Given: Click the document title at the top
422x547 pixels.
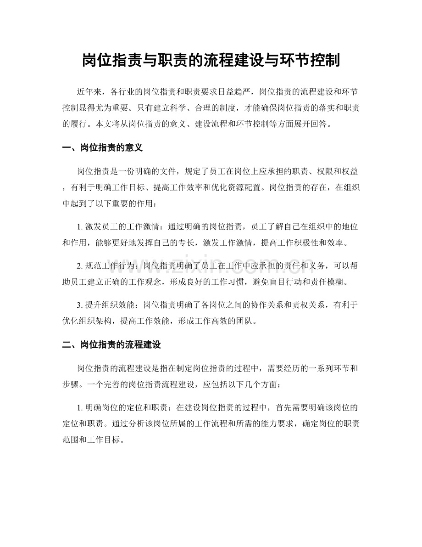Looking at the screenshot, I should (211, 60).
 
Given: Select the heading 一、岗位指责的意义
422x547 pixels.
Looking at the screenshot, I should (103, 148).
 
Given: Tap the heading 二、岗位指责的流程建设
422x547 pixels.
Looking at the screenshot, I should (111, 344).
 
